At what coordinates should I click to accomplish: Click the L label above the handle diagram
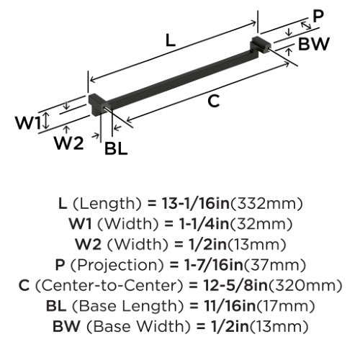tap(171, 40)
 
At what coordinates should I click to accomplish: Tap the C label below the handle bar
tap(213, 101)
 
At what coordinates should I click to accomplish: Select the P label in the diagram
tap(319, 17)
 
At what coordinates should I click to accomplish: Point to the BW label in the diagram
tap(313, 44)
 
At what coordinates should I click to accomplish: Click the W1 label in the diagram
tap(28, 122)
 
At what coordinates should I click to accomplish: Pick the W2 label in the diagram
tap(68, 143)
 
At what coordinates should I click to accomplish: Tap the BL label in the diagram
tap(116, 148)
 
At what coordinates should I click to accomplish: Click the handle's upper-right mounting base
tap(261, 45)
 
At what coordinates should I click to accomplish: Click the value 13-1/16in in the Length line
tap(196, 203)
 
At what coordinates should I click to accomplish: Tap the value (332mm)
tap(266, 204)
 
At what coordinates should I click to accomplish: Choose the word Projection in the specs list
tap(117, 266)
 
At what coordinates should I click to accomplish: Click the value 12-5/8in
tap(235, 285)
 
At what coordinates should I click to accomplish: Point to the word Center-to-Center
tap(109, 285)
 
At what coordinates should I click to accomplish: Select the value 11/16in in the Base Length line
tap(230, 306)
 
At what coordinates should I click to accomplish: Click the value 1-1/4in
tap(204, 224)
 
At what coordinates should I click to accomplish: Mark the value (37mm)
tap(275, 265)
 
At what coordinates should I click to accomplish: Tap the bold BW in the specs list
tap(66, 326)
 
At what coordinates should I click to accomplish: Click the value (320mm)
tap(305, 286)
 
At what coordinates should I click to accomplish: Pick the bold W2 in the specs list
tap(88, 244)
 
